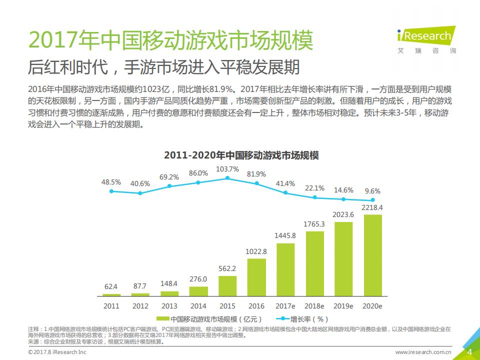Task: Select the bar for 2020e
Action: tap(372, 255)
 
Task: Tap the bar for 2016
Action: tap(256, 277)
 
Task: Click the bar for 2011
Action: tap(111, 295)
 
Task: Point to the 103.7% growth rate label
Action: tap(227, 169)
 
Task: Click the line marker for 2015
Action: tap(227, 178)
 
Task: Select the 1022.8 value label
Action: tap(256, 251)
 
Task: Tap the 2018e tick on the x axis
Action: tap(314, 306)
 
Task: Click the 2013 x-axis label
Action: tap(169, 306)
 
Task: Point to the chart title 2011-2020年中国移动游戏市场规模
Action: tap(241, 155)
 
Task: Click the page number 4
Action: tap(469, 352)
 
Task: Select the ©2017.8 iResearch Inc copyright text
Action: tap(58, 352)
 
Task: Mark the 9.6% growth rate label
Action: tap(372, 191)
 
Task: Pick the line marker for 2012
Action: tap(140, 193)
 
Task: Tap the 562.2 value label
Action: tap(227, 268)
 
